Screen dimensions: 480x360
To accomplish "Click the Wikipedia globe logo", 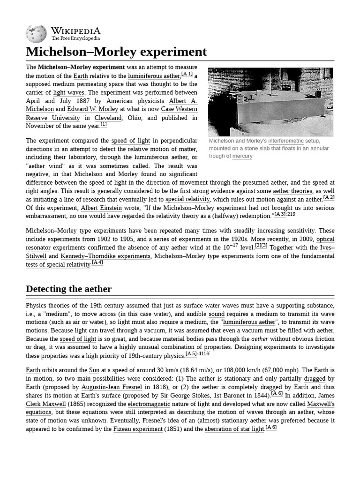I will pos(36,33).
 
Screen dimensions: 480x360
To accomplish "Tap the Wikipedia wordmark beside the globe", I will pos(75,31).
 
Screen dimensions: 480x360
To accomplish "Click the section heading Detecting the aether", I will pos(68,288).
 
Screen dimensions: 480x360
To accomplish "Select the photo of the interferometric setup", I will pos(270,102).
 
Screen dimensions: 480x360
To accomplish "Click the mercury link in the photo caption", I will pos(242,156).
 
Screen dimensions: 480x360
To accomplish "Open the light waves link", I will pos(69,92).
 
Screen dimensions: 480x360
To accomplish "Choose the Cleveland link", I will pos(108,118).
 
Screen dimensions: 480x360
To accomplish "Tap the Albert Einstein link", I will pos(101,208).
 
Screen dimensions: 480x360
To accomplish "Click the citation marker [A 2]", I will pos(329,197).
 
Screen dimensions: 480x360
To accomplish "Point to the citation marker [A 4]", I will pos(97,262).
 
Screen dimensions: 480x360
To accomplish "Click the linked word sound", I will pos(217,314).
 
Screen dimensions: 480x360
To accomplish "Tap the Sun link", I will pos(94,370).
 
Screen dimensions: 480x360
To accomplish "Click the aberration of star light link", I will pos(234,429).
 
